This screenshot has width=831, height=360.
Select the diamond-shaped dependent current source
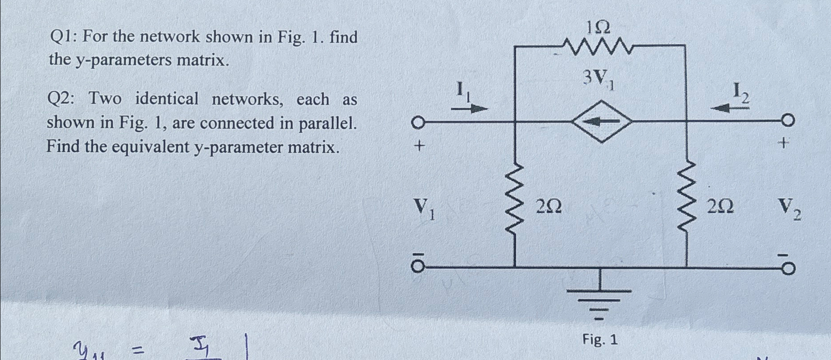pos(602,121)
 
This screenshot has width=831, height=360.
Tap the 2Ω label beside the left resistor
pos(548,207)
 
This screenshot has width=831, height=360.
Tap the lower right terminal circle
pos(788,269)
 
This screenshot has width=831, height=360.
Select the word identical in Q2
pos(167,99)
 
